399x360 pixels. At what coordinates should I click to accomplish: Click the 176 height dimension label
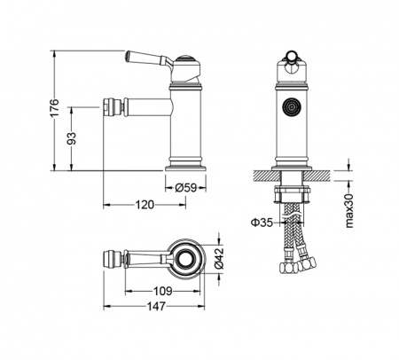point(55,107)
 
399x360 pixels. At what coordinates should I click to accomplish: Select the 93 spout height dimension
point(72,138)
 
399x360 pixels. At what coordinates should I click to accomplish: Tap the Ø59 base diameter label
point(185,187)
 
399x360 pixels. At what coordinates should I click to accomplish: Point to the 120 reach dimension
point(145,205)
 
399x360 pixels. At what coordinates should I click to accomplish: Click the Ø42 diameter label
point(219,259)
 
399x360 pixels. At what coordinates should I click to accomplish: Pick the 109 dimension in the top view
point(162,292)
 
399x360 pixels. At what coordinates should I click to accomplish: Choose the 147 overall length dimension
point(156,307)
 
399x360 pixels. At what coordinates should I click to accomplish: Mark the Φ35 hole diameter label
point(262,223)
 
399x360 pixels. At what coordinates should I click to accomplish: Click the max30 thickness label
point(349,211)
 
